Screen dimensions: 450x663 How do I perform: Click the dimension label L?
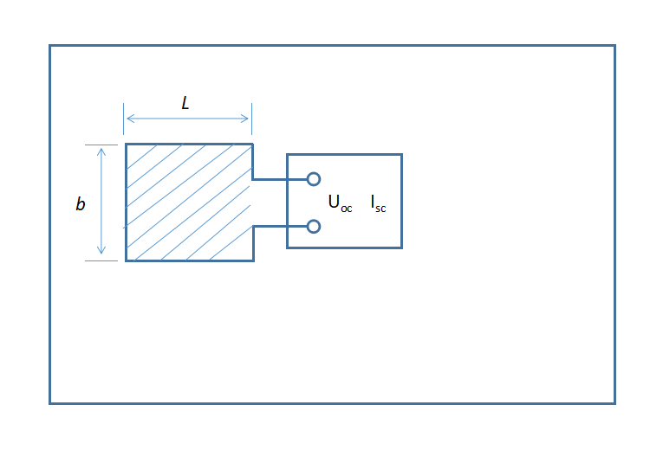(185, 103)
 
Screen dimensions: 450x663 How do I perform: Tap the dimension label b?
(81, 205)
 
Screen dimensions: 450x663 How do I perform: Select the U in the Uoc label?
(334, 202)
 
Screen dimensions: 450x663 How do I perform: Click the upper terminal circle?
(314, 179)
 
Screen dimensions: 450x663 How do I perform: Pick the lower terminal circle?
(314, 227)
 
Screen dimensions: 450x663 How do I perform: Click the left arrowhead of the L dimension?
(128, 119)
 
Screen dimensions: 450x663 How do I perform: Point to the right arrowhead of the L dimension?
(248, 119)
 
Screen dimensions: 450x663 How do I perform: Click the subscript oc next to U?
(347, 209)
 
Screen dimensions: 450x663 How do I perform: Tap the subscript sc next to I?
(381, 209)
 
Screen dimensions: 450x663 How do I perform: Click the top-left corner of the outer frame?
(50, 46)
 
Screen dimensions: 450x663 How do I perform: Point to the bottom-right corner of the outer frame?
(614, 402)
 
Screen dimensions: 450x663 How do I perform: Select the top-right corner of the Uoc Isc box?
(401, 155)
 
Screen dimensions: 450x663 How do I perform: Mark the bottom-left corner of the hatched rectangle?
(127, 260)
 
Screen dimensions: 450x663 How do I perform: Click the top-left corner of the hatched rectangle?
(127, 145)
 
